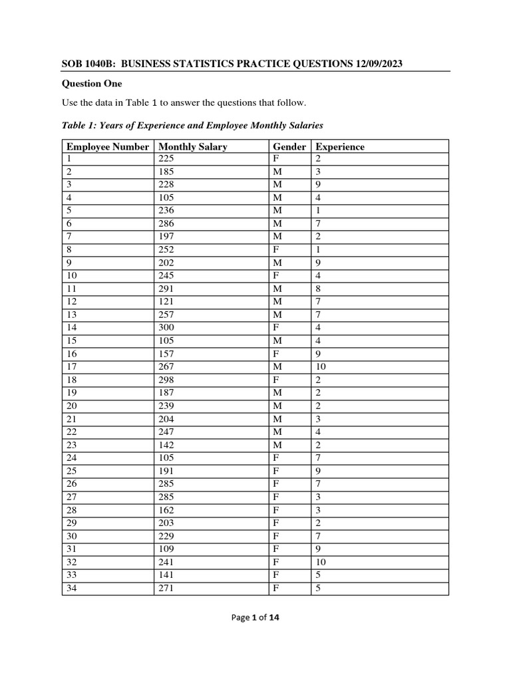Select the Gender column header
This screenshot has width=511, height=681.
coord(289,146)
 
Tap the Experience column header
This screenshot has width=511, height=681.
coord(340,146)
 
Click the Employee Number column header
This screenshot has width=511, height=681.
coord(107,146)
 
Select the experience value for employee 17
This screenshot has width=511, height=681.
coord(321,366)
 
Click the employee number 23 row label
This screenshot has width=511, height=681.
coord(71,445)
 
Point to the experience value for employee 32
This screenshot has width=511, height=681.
coord(321,561)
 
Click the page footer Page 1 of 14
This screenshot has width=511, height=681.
coord(255,617)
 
